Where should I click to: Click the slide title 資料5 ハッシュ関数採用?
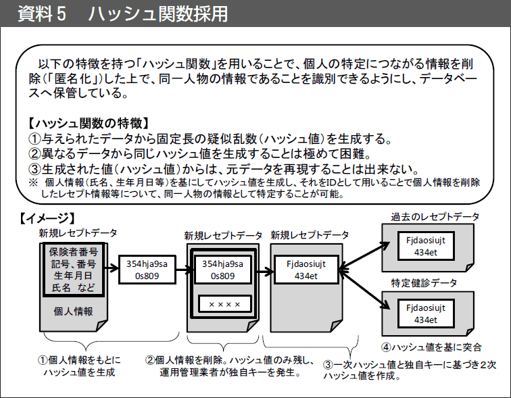pos(122,14)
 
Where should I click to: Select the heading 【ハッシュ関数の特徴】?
pos(89,124)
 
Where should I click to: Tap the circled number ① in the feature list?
pos(34,139)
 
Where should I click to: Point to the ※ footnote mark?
pos(33,182)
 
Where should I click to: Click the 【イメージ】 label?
pos(47,218)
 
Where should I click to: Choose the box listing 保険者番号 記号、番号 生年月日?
pos(73,269)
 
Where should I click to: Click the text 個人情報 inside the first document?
pos(73,312)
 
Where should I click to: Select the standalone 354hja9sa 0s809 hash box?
pos(147,270)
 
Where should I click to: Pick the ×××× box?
pos(224,304)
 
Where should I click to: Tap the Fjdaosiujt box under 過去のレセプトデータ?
pos(426,246)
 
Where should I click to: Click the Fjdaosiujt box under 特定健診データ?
pos(426,314)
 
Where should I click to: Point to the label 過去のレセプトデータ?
pos(435,217)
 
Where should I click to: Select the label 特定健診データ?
pos(424,282)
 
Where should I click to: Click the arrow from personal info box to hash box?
pos(112,268)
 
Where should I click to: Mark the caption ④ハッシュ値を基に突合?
pos(431,347)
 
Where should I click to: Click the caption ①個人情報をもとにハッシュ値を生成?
pos(79,366)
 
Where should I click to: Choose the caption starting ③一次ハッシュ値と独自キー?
pos(410,370)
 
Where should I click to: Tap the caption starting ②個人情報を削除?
pos(230,366)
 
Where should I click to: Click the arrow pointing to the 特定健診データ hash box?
pos(364,289)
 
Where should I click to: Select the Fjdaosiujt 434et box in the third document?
pos(306,270)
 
